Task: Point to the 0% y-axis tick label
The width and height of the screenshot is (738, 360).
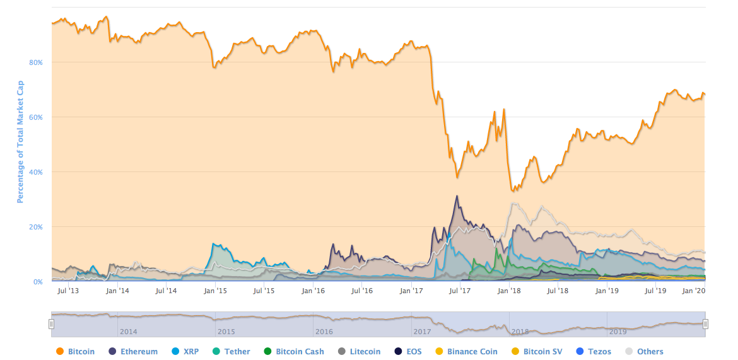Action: (37, 282)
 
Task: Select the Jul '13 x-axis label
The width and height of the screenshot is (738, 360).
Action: (67, 291)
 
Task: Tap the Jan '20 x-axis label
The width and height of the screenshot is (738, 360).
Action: (694, 291)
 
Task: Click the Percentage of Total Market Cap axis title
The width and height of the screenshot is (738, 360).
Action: (20, 141)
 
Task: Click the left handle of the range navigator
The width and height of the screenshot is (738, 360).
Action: (52, 324)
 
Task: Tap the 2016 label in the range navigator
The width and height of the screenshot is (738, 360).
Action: (324, 331)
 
